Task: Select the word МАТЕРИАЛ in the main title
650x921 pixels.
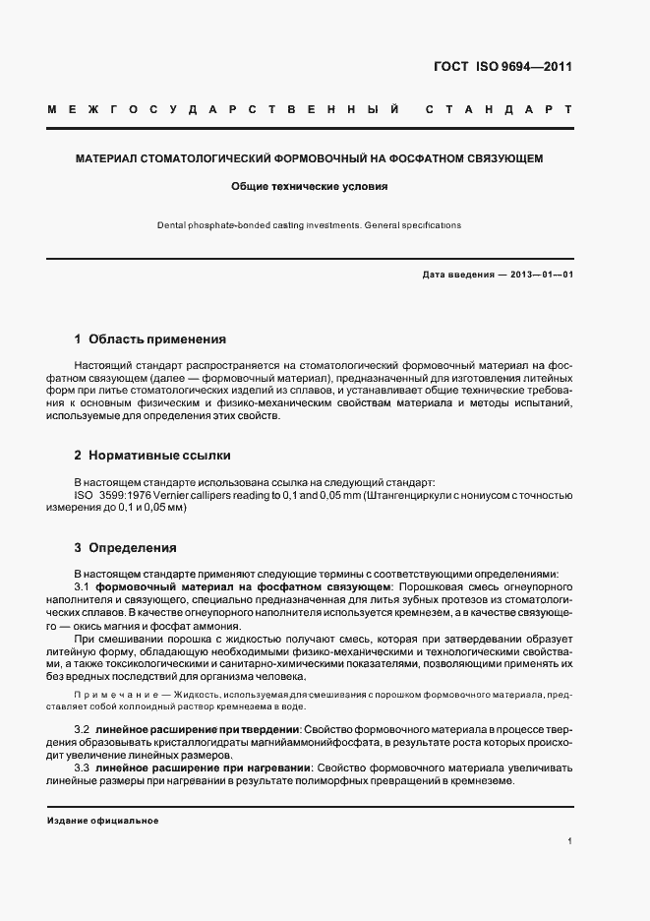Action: coord(109,157)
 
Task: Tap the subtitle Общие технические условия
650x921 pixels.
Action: coord(310,185)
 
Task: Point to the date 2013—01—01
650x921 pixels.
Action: coord(538,275)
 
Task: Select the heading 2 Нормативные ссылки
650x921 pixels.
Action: coord(152,456)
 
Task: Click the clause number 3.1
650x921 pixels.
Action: coord(83,586)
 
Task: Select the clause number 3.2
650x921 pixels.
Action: coord(83,728)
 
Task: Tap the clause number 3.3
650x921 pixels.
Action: coord(83,767)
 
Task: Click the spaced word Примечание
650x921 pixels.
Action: coord(110,695)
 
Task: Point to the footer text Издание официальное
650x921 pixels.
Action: coord(102,821)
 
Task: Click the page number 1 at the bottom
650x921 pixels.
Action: coord(570,841)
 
